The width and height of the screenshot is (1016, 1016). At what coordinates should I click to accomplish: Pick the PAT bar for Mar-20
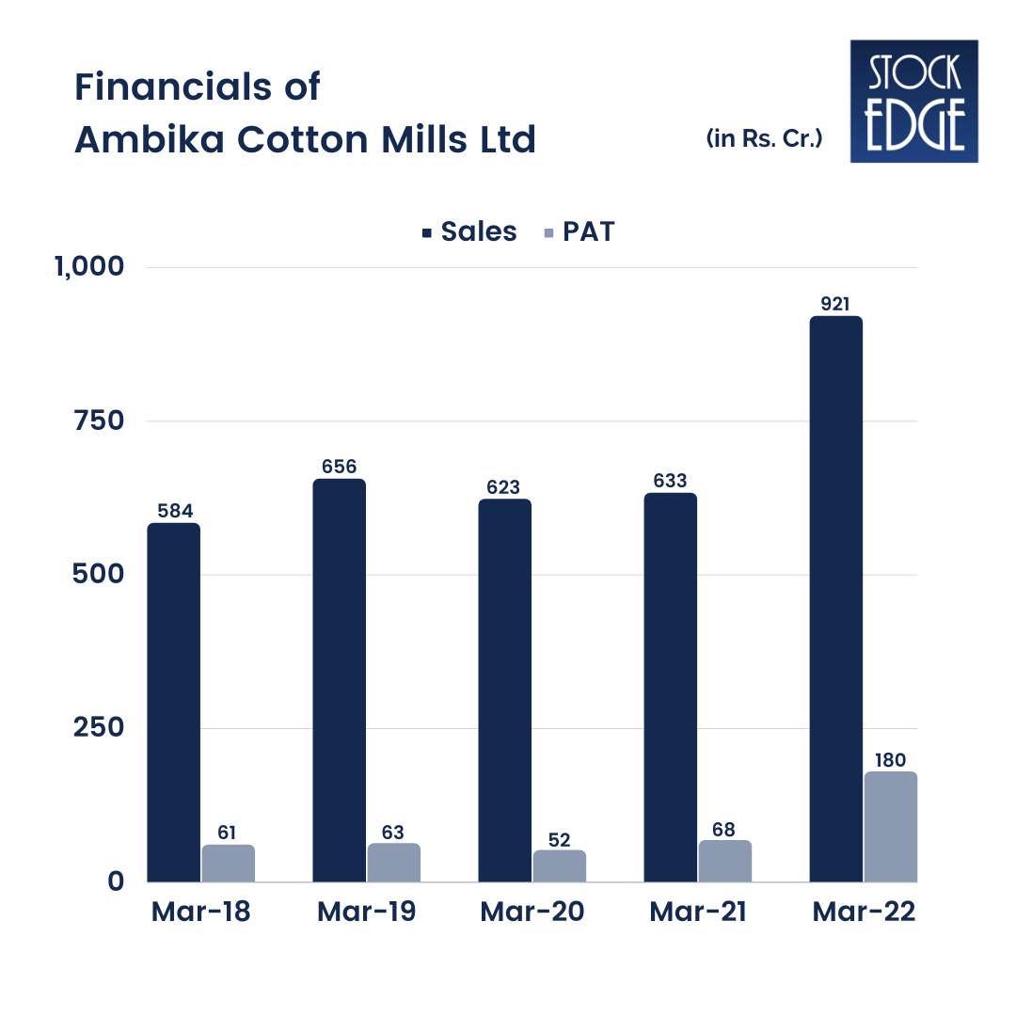[x=560, y=865]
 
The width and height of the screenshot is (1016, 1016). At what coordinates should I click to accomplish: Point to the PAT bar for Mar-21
[x=724, y=861]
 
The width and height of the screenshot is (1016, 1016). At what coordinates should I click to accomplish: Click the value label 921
[x=835, y=304]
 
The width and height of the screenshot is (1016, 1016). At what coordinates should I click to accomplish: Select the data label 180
[x=891, y=759]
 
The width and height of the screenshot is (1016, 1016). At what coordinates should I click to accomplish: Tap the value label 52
[x=560, y=839]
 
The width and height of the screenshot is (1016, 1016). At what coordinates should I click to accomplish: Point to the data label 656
[x=339, y=467]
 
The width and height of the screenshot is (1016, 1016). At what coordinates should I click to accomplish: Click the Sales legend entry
[x=469, y=231]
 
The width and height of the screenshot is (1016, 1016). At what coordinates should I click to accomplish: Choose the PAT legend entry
[x=579, y=231]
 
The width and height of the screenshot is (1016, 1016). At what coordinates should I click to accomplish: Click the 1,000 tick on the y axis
[x=89, y=266]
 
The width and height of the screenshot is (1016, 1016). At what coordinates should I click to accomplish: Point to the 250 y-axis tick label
[x=99, y=728]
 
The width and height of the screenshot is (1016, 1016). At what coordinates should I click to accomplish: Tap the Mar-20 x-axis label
[x=532, y=913]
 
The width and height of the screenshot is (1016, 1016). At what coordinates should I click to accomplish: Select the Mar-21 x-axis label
[x=697, y=913]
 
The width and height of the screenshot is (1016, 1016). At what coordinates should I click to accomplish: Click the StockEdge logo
[x=913, y=101]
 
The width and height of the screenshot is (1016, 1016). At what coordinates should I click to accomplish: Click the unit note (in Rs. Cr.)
[x=764, y=139]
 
